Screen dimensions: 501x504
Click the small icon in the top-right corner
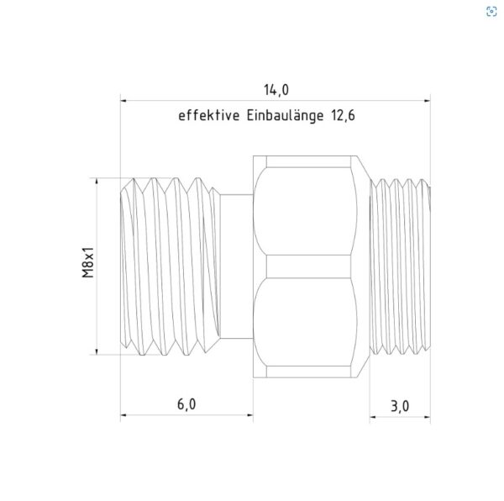click(x=490, y=12)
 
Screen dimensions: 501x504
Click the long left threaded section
click(x=172, y=266)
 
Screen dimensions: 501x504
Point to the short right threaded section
click(x=402, y=266)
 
